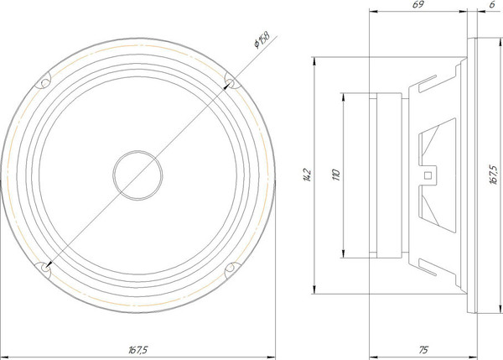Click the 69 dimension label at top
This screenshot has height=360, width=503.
click(x=416, y=6)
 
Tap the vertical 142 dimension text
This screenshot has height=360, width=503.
click(x=307, y=175)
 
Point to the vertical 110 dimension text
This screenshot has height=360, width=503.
click(x=336, y=175)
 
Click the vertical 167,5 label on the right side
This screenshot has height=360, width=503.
click(x=493, y=175)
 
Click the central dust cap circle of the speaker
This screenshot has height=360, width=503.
click(x=136, y=175)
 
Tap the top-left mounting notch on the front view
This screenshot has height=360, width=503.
click(x=43, y=82)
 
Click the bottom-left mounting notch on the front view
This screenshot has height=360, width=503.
click(x=43, y=268)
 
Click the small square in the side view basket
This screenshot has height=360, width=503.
click(x=429, y=175)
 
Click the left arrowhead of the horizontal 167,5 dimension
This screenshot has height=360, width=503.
click(x=4, y=353)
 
